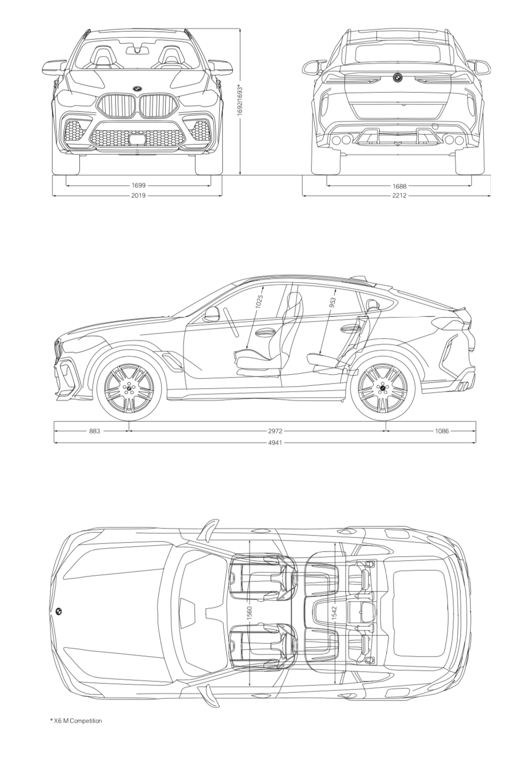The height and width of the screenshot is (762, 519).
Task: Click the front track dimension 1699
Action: (138, 185)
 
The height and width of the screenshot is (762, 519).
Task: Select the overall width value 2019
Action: (138, 195)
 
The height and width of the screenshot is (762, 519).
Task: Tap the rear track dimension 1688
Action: (399, 186)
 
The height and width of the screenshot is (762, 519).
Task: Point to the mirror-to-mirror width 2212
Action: (399, 195)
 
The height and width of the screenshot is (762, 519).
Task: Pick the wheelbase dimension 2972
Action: (275, 431)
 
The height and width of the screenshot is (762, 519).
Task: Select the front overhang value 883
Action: (94, 431)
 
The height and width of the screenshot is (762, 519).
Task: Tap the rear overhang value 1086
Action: (442, 431)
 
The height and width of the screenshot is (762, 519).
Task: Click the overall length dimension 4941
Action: (275, 443)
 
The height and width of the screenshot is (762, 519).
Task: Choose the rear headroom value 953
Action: (333, 303)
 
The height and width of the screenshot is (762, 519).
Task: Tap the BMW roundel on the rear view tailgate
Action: (397, 78)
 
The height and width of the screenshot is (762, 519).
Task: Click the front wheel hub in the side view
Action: (129, 388)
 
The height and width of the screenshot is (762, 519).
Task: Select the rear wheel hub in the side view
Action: (383, 388)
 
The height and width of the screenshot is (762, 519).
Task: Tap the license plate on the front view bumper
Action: (137, 139)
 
